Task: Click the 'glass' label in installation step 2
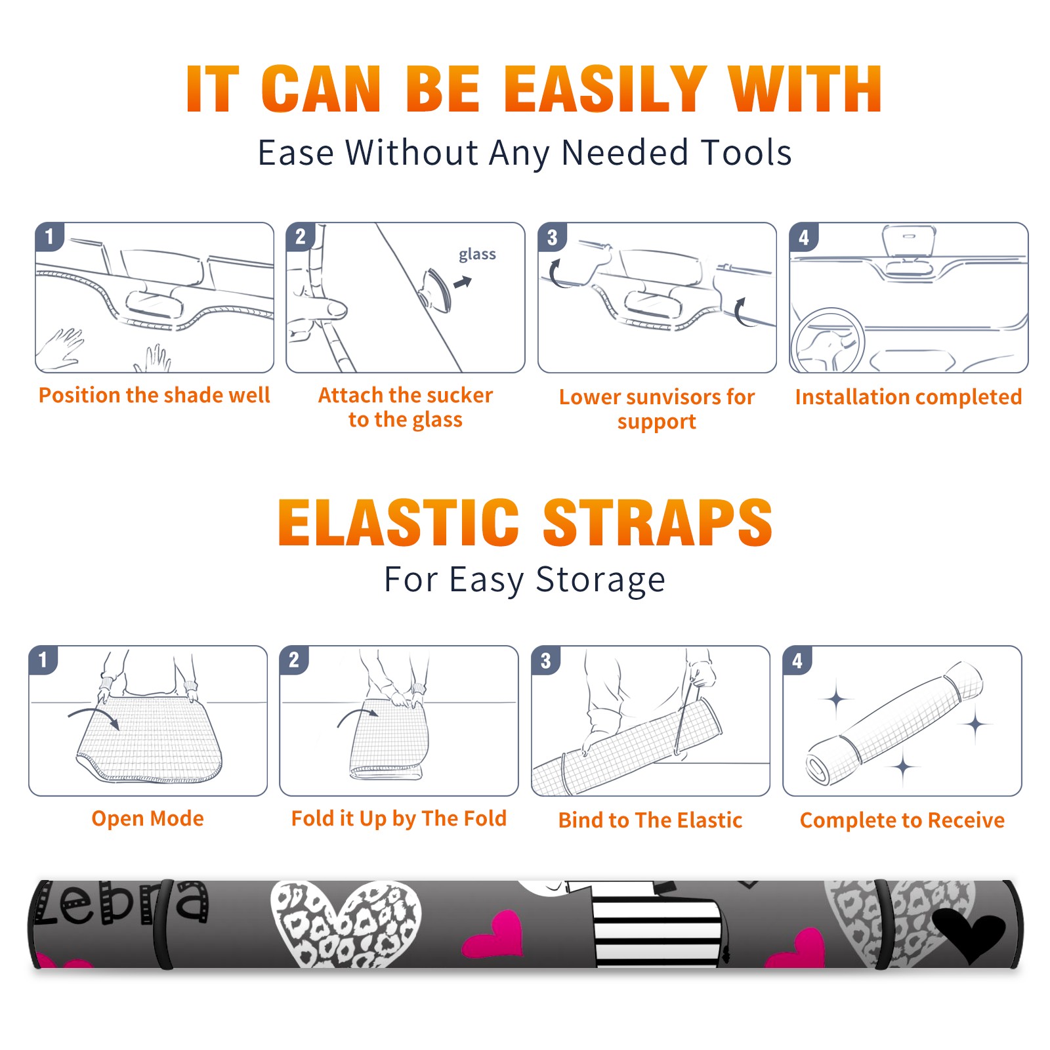(477, 255)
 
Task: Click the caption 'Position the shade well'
(154, 395)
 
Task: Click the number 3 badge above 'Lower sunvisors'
(552, 237)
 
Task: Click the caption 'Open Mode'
(148, 818)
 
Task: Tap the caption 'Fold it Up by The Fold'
(399, 818)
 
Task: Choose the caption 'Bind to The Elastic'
(650, 820)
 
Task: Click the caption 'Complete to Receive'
(902, 820)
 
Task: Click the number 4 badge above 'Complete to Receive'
(797, 660)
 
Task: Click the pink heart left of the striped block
(494, 934)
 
